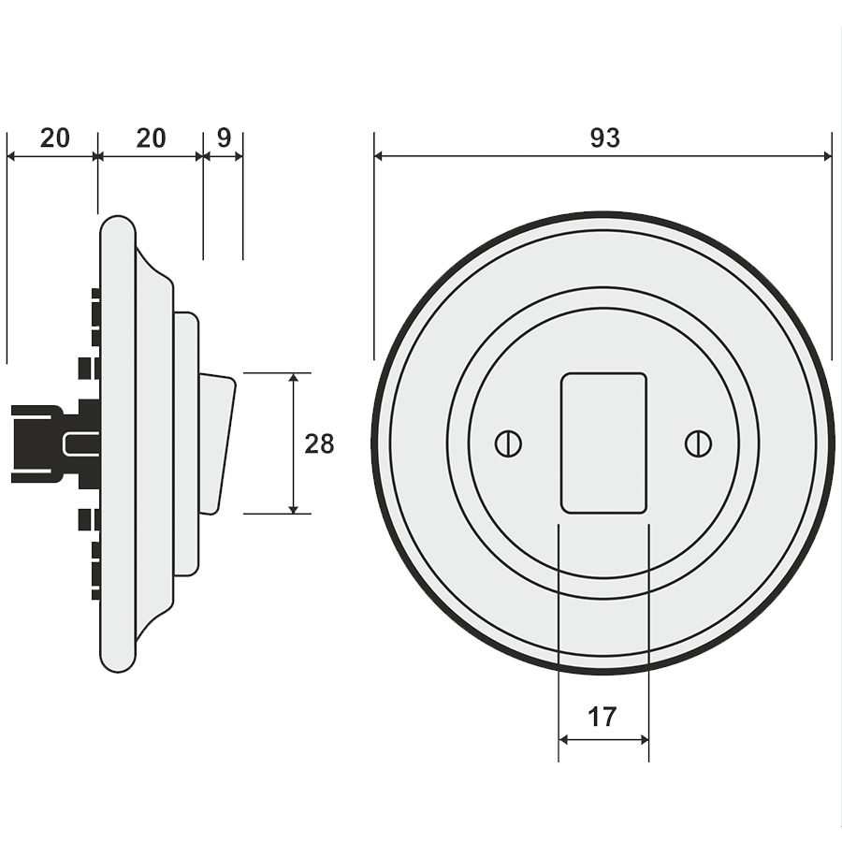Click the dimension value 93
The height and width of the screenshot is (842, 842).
pos(604,138)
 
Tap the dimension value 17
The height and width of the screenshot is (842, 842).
pos(602,718)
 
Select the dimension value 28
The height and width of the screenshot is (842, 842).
pos(319,443)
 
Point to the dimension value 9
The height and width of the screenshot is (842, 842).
pos(224,138)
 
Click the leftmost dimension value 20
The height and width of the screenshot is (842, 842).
pos(55,138)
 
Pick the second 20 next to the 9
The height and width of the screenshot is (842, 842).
pos(151,138)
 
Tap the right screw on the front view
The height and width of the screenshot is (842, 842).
pos(696,443)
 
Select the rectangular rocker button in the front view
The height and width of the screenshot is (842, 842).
pos(603,443)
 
